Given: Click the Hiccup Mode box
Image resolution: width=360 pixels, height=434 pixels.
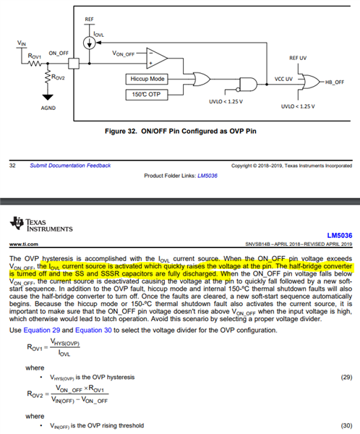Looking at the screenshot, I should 148,78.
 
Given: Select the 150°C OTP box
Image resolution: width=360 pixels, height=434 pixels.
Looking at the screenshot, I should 148,95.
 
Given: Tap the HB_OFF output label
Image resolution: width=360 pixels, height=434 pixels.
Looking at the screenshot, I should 336,82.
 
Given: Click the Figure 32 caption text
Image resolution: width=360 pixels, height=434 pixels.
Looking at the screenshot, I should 183,132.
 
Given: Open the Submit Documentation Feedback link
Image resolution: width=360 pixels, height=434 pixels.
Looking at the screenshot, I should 70,166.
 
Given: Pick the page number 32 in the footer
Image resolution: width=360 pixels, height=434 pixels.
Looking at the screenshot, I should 12,166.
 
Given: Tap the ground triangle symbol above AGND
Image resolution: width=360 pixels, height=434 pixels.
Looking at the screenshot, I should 48,96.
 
